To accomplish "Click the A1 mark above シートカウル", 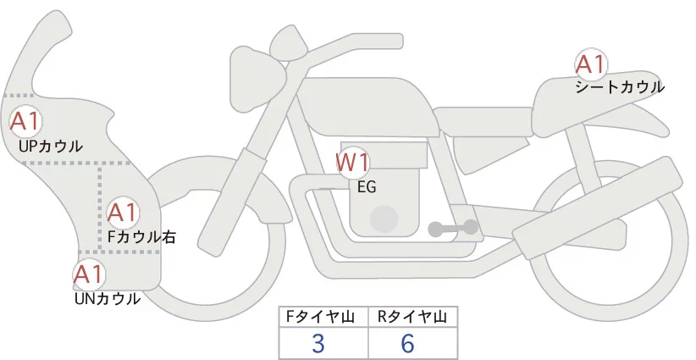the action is (x=590, y=64).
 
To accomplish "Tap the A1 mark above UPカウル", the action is (x=25, y=120).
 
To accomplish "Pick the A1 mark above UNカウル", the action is (x=88, y=274).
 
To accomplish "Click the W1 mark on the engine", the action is (x=352, y=163).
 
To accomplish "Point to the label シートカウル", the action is (x=619, y=86).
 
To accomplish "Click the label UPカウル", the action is (x=51, y=146).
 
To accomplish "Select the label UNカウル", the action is (x=108, y=298).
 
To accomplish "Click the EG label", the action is (x=367, y=187).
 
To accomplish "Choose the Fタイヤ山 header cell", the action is (x=323, y=317).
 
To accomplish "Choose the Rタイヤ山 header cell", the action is (x=412, y=317).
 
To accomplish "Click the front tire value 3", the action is (x=318, y=343).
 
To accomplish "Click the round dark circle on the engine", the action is (x=386, y=219).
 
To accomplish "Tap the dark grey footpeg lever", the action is (x=453, y=228).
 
